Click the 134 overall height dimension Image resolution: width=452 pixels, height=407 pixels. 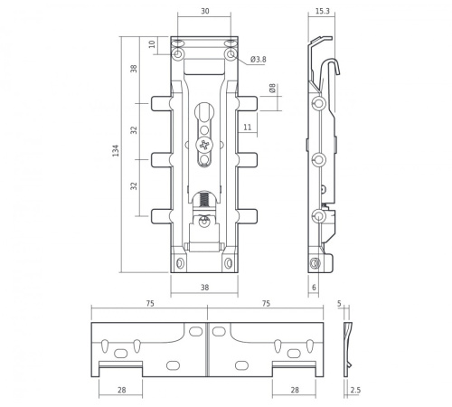click(115, 152)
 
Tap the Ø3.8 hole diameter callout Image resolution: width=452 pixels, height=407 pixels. click(258, 60)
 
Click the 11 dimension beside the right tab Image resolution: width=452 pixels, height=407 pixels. click(247, 128)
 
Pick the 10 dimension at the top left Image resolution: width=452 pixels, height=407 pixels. click(152, 43)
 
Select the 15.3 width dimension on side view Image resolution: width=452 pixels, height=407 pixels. click(322, 12)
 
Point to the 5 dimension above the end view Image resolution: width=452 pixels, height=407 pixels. click(340, 305)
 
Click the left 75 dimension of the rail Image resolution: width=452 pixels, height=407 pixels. click(149, 305)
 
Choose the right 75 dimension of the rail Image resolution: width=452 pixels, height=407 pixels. click(265, 305)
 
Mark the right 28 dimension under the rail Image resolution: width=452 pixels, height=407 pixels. click(296, 390)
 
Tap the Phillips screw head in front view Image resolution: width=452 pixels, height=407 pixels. click(204, 145)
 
